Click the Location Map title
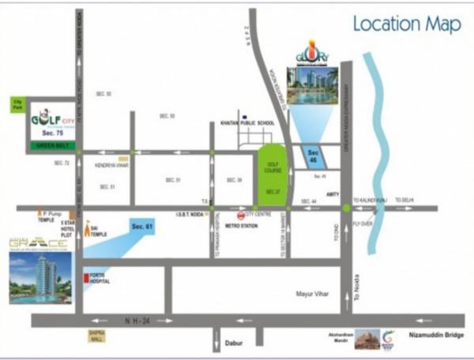(406, 24)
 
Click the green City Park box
(18, 103)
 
